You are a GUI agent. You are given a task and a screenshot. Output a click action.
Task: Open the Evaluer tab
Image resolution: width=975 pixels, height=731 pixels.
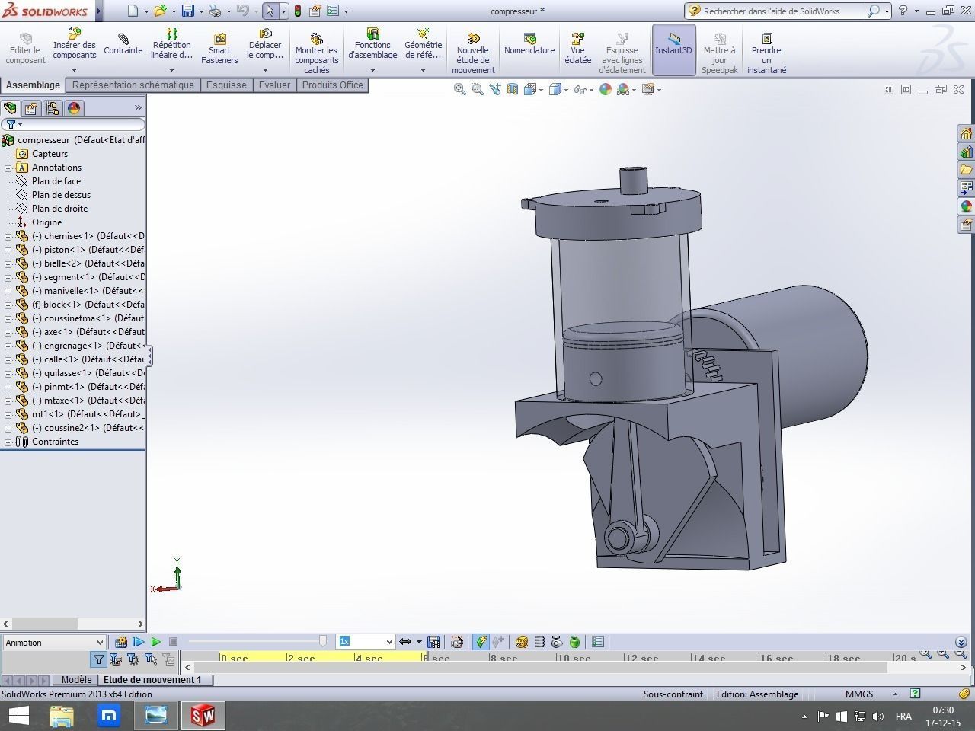click(x=274, y=85)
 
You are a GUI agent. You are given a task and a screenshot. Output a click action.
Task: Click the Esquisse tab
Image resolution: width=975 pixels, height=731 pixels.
click(x=226, y=85)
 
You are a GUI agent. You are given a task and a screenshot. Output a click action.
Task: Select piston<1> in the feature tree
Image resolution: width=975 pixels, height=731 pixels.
click(x=64, y=250)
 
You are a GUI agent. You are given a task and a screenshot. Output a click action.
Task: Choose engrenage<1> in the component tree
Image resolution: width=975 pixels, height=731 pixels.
click(x=72, y=346)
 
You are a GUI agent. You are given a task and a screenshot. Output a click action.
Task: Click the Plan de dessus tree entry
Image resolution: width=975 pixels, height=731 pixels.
click(x=61, y=195)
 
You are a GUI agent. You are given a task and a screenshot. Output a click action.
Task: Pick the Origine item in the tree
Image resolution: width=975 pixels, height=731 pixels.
click(x=46, y=222)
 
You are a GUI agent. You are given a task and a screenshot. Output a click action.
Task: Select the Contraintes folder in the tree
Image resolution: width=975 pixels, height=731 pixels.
click(x=55, y=442)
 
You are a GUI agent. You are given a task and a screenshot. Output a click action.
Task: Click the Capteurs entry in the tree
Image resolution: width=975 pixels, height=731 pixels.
click(x=50, y=154)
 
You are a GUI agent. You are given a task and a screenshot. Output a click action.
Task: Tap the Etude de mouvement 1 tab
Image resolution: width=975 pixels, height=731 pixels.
click(x=152, y=680)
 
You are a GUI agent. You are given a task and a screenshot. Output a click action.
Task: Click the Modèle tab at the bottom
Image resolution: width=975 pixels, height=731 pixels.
click(x=76, y=680)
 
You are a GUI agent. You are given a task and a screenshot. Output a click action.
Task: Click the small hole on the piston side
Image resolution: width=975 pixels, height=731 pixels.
click(x=596, y=378)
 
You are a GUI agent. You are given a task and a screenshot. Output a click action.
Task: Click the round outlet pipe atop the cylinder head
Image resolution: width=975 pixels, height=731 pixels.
click(x=633, y=181)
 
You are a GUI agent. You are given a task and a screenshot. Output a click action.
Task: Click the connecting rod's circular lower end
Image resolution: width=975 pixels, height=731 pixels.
click(x=619, y=538)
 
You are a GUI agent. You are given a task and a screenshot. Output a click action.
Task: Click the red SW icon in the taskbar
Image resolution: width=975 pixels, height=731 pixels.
click(x=202, y=716)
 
